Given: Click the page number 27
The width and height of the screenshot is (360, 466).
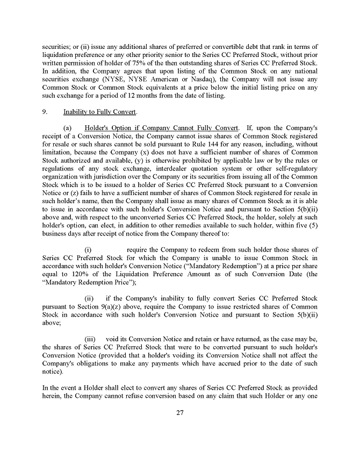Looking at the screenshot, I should (180, 412).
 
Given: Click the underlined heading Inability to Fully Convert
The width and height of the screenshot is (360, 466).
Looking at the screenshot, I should (100, 112).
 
